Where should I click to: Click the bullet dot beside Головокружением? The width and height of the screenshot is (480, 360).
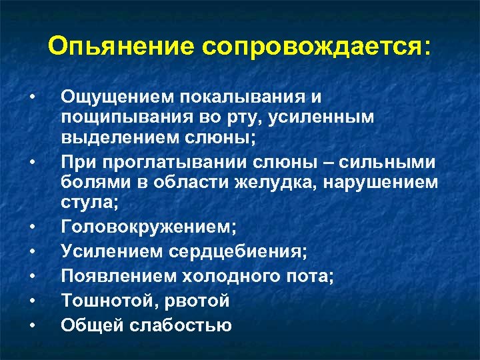32,227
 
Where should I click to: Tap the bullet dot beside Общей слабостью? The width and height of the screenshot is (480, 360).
32,326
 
